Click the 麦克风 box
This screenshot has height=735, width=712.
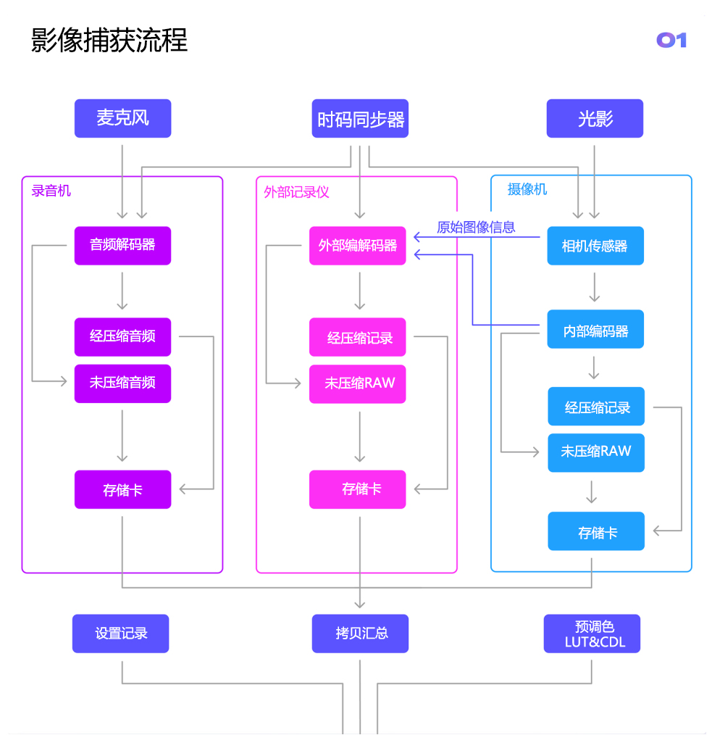122,118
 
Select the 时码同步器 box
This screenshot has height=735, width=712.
360,118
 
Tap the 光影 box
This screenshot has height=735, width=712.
595,118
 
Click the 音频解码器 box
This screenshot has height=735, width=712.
122,245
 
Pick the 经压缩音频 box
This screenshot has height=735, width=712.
122,336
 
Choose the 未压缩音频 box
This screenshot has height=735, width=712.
122,383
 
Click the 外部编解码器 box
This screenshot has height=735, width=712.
358,246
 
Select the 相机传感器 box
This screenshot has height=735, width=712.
595,246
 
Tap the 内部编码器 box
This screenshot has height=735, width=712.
595,330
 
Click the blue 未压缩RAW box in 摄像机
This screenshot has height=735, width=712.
595,452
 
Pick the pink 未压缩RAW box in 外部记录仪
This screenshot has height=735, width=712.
358,383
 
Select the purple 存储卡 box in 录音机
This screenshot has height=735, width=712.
122,490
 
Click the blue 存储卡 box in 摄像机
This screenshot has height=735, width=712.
596,532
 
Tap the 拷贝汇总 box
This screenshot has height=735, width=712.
360,634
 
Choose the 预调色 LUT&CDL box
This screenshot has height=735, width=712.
592,634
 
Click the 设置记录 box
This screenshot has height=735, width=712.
120,634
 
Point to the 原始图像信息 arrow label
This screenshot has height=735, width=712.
476,227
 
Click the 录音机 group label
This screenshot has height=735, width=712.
51,191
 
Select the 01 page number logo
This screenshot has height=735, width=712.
671,40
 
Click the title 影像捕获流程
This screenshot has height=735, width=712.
109,41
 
